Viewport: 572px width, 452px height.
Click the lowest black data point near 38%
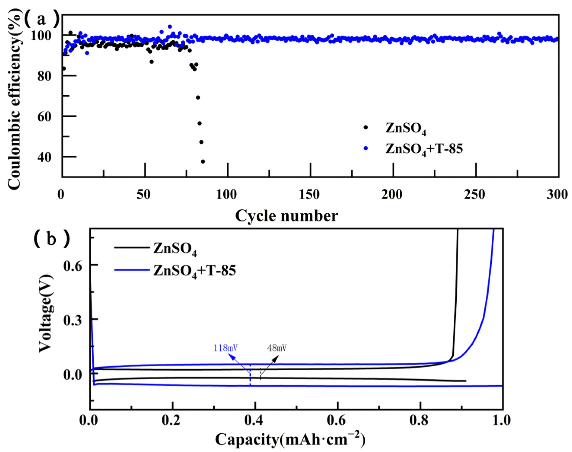pos(203,161)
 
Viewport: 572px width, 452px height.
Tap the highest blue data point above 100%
pos(170,26)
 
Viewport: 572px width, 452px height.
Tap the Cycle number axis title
pos(286,216)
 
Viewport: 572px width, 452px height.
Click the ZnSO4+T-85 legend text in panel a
pos(424,149)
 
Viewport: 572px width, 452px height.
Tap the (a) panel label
pos(41,20)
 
